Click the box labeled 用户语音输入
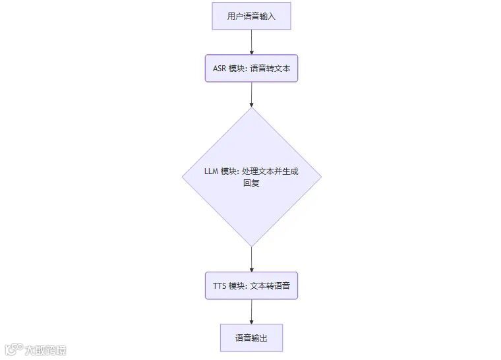click(x=251, y=16)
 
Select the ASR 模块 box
click(x=251, y=68)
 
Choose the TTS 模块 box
click(x=251, y=285)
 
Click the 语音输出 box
click(x=251, y=338)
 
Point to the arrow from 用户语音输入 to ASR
click(x=251, y=42)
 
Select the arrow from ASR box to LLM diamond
click(x=251, y=94)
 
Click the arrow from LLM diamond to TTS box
click(x=251, y=259)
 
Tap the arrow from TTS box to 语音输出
click(x=251, y=312)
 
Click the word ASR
click(x=219, y=68)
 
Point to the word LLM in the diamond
click(x=211, y=171)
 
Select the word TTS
click(x=219, y=285)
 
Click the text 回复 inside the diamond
click(x=251, y=183)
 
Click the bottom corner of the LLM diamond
click(x=251, y=246)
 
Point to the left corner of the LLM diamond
click(x=183, y=177)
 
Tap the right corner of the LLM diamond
click(x=321, y=177)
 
